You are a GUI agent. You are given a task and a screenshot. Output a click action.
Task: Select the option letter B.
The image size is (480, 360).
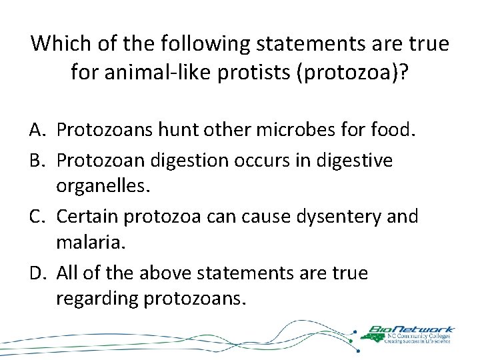click(x=39, y=160)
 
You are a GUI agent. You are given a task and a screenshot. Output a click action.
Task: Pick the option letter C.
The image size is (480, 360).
click(x=39, y=216)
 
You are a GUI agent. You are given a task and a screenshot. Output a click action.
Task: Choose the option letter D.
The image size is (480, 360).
click(x=39, y=273)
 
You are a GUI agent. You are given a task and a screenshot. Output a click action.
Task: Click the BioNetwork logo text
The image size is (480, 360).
click(x=411, y=329)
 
